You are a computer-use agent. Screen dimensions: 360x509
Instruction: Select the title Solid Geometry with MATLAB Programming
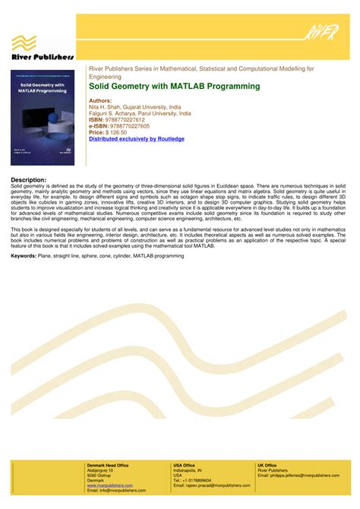(x=174, y=87)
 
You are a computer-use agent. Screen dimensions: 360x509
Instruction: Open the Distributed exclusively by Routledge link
(x=136, y=139)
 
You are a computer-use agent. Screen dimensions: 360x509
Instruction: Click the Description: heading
(x=29, y=179)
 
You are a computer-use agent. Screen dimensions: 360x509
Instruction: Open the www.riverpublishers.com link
(x=109, y=485)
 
